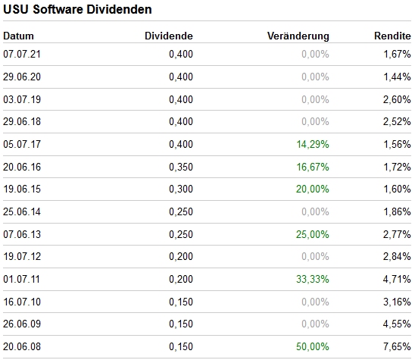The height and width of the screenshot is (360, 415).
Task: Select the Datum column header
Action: (x=19, y=36)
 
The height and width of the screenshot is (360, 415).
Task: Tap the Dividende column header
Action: (x=168, y=36)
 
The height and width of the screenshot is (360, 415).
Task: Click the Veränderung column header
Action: (x=298, y=36)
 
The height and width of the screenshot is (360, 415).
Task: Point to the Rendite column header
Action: (x=392, y=36)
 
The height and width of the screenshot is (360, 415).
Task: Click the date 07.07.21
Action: (x=21, y=55)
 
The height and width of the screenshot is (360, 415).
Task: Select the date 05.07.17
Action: (x=21, y=144)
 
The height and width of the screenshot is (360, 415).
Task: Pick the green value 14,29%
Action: (x=314, y=144)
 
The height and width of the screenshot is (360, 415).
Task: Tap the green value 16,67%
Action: (x=314, y=167)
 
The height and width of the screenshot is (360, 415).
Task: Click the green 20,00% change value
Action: (x=314, y=189)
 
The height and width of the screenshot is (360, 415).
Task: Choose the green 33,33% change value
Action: (x=313, y=280)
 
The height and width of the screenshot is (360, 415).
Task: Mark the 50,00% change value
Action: (x=314, y=347)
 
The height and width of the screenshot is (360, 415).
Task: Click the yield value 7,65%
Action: (x=398, y=347)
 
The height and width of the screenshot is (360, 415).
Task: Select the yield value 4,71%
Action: (x=398, y=280)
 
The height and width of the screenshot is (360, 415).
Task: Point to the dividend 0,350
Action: (x=181, y=167)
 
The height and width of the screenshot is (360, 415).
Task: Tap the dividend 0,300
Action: (x=181, y=189)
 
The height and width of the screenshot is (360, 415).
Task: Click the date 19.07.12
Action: (x=21, y=257)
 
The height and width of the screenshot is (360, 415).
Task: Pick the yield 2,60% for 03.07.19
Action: (x=398, y=99)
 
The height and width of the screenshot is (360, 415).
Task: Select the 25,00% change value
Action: (x=314, y=234)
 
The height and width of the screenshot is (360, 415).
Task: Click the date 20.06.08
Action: (x=21, y=347)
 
